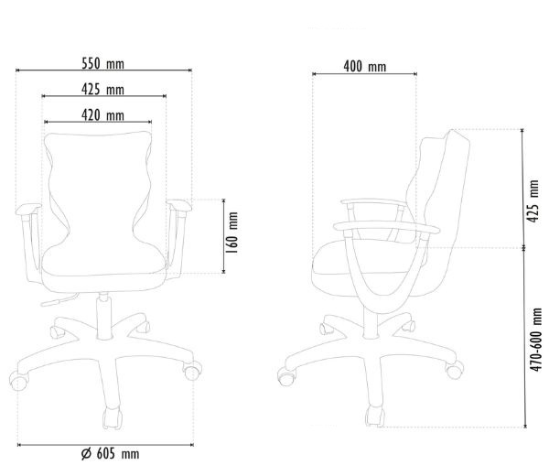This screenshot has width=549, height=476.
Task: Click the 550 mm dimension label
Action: (102, 64)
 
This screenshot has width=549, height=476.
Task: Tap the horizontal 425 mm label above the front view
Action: (102, 90)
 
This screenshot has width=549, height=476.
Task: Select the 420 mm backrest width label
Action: (102, 115)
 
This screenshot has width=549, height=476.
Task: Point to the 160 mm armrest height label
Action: (232, 233)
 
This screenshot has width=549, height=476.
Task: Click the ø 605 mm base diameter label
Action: (111, 454)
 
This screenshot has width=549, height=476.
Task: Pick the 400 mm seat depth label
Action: (365, 67)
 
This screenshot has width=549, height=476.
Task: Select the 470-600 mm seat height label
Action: (535, 340)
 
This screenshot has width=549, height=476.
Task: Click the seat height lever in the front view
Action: (59, 300)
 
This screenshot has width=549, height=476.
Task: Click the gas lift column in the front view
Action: (103, 316)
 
